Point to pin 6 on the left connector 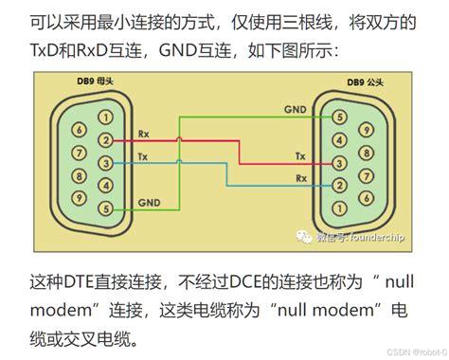[80, 129]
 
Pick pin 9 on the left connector [80, 197]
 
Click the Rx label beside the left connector [143, 134]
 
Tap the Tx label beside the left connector [143, 155]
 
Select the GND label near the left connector [149, 201]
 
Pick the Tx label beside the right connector [300, 155]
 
